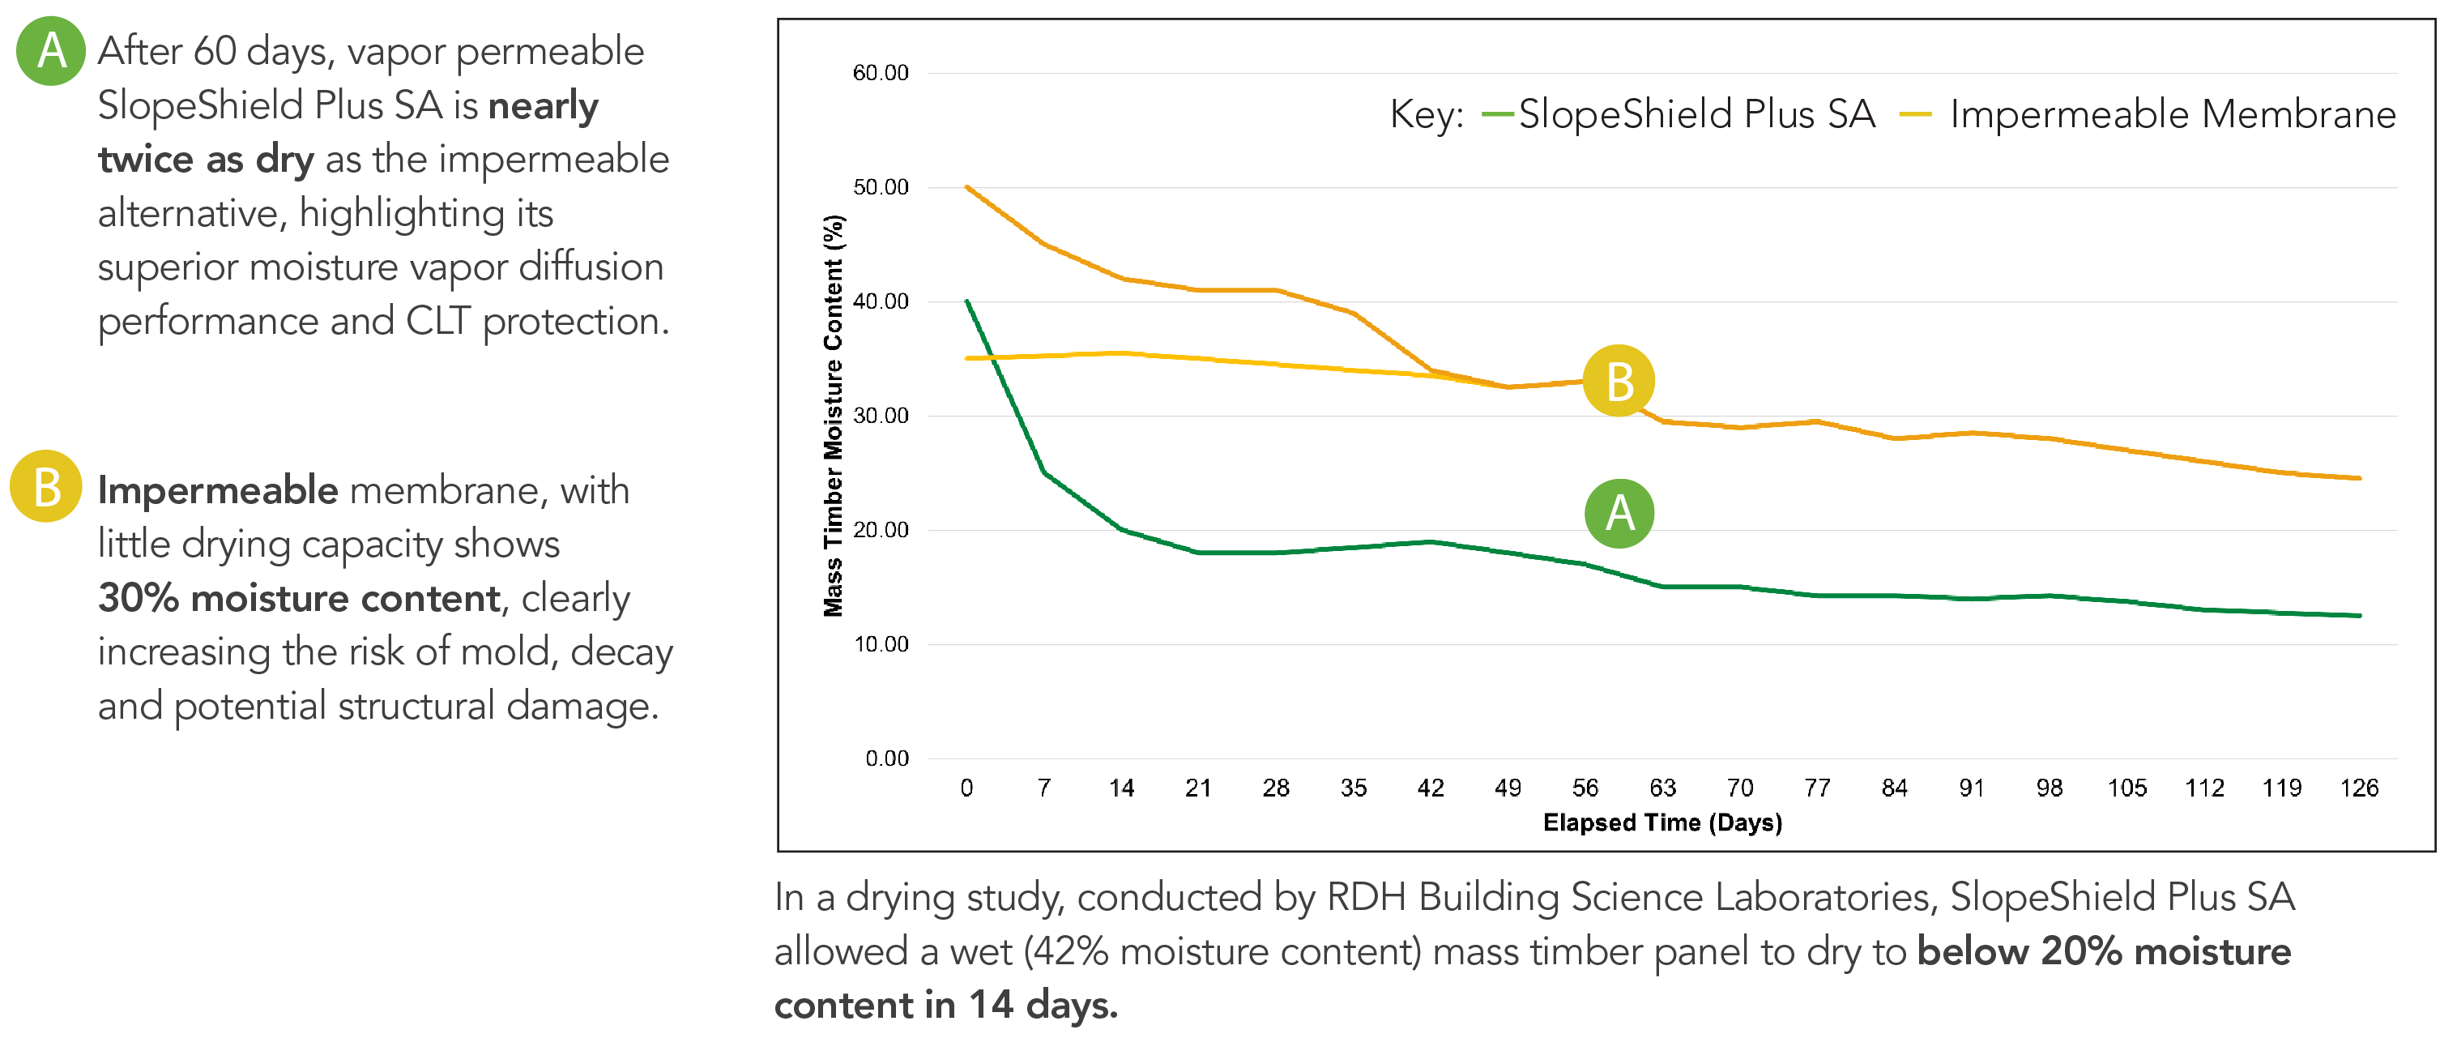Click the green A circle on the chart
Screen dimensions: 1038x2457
tap(1619, 513)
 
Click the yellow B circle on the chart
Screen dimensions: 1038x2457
tap(1619, 381)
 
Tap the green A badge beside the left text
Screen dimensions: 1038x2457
tap(50, 50)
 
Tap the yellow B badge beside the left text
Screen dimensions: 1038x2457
tap(46, 485)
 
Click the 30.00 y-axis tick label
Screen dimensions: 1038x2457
tap(881, 416)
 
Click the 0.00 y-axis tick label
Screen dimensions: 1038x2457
tap(886, 758)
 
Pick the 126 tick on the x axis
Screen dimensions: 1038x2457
tap(2359, 788)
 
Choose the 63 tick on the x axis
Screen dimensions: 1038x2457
tap(1662, 788)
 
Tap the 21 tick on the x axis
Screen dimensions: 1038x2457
tap(1198, 788)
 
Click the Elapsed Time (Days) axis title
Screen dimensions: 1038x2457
tap(1662, 822)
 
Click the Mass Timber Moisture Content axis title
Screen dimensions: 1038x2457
tap(834, 416)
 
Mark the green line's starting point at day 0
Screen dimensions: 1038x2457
tap(967, 301)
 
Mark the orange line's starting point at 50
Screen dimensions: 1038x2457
tap(967, 187)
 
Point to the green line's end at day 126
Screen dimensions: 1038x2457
tap(2359, 615)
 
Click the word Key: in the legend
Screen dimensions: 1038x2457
tap(1426, 115)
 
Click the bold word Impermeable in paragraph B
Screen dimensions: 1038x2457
tap(217, 490)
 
